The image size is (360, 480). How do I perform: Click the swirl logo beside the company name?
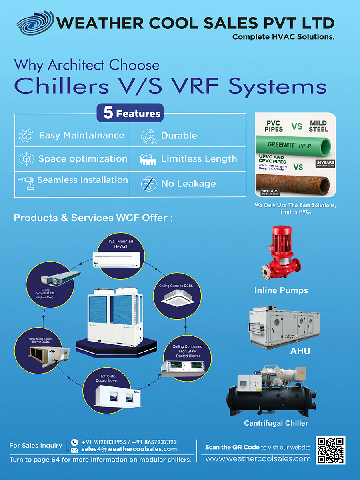[x=35, y=23]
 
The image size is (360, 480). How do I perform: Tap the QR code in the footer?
[x=330, y=450]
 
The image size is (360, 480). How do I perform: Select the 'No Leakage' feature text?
[x=188, y=184]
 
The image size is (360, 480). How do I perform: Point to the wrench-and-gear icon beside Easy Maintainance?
[x=26, y=136]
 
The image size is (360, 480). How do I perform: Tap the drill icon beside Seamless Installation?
[x=26, y=182]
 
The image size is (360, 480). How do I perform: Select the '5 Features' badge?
[x=130, y=113]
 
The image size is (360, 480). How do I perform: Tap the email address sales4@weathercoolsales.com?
[x=129, y=449]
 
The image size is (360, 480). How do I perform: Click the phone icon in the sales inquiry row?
[x=74, y=442]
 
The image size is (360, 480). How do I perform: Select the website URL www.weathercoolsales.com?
[x=258, y=459]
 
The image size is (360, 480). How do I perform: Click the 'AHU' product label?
[x=300, y=351]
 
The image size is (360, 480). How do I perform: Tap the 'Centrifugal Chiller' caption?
[x=276, y=423]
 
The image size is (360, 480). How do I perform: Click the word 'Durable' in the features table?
[x=179, y=136]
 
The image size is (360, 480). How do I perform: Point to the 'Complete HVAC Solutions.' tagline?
[x=283, y=37]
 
